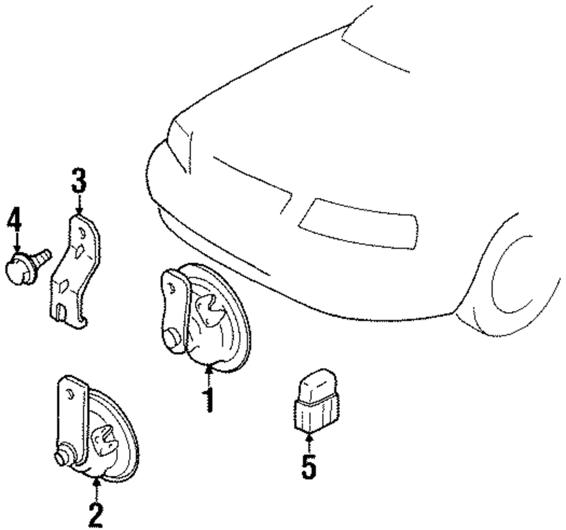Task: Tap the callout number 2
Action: click(96, 515)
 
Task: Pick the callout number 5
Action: click(308, 467)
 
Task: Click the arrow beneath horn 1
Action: click(209, 373)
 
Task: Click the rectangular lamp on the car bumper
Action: click(357, 223)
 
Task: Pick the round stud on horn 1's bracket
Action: click(173, 338)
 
